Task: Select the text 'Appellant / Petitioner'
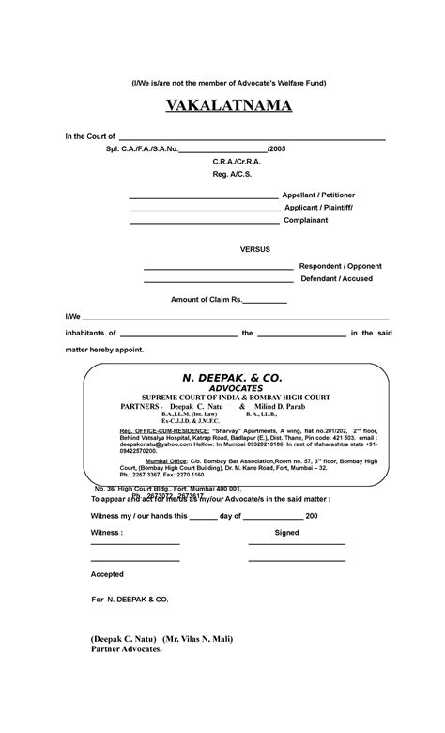click(319, 195)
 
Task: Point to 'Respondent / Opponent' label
click(340, 266)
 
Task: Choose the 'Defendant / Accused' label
click(336, 278)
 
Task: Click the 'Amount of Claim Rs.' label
click(207, 299)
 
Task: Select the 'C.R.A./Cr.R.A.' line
click(236, 161)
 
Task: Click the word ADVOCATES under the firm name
click(236, 387)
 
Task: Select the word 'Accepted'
click(106, 573)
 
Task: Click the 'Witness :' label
click(107, 533)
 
